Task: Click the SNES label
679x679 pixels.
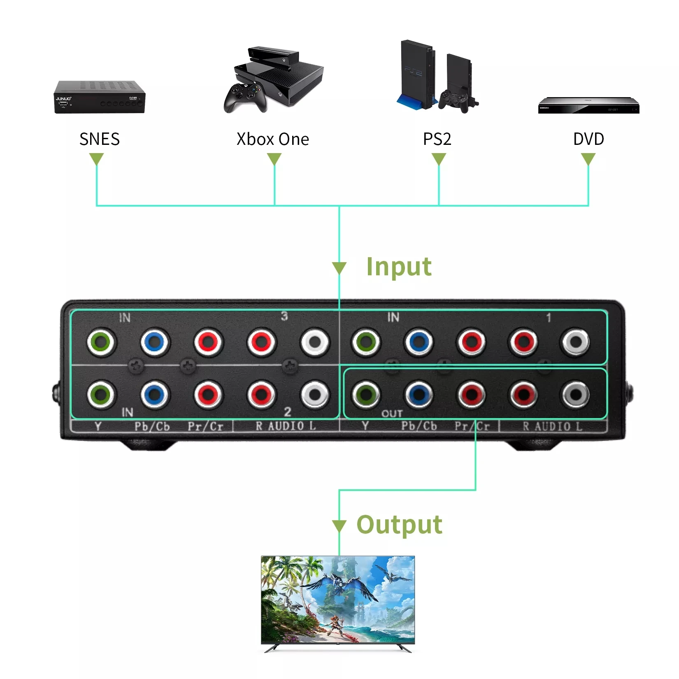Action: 100,139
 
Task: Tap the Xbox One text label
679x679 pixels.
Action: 272,139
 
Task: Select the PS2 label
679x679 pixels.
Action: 437,139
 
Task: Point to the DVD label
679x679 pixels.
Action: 588,139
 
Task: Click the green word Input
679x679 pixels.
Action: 399,267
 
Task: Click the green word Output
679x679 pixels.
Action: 399,525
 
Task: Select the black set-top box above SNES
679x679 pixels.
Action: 100,97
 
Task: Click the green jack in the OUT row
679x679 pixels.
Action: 366,394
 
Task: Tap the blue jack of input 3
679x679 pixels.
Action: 154,341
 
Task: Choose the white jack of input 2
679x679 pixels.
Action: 315,394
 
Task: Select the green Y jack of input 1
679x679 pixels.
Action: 366,341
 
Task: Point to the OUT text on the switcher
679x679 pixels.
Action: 392,414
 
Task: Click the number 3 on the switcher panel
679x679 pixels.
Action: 284,316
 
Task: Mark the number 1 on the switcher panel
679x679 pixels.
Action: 548,317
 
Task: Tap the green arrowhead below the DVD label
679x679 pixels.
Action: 588,159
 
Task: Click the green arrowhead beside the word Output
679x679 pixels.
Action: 339,526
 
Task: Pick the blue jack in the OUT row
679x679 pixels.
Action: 419,394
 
